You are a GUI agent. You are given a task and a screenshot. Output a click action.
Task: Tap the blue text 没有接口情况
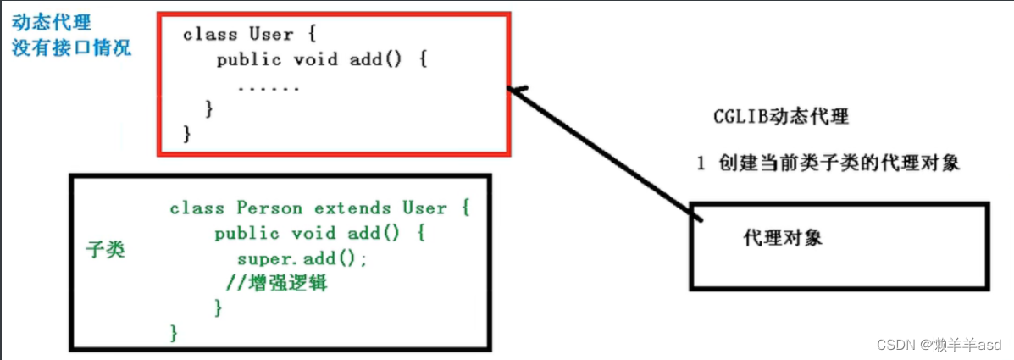[x=72, y=47]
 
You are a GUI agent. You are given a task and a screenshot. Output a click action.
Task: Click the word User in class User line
[x=269, y=35]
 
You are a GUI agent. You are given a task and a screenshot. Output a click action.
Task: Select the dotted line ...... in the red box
[x=269, y=87]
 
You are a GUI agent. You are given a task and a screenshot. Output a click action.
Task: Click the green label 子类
[x=106, y=250]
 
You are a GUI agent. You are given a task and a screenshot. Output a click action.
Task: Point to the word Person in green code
[x=272, y=208]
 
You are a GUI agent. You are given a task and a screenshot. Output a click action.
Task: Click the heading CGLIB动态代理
[x=780, y=117]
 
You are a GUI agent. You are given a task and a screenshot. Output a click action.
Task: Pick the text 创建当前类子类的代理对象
[x=838, y=163]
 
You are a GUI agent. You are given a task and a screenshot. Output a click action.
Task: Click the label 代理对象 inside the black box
[x=783, y=238]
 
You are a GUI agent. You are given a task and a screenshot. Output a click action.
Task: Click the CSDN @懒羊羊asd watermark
[x=939, y=345]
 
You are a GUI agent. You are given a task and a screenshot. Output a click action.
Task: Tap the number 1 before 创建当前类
[x=701, y=163]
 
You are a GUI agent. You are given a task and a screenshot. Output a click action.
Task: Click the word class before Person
[x=197, y=208]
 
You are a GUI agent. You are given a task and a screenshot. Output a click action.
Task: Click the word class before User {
[x=209, y=35]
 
